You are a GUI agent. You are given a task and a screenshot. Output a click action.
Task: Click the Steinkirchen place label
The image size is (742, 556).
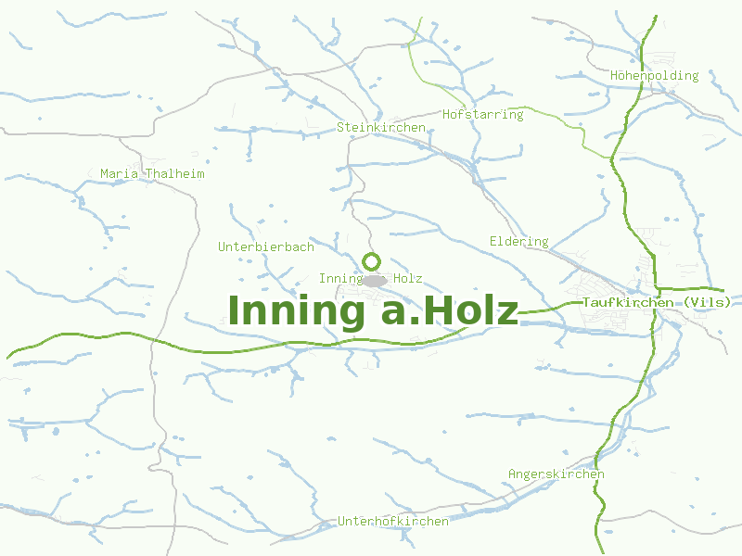[381, 127]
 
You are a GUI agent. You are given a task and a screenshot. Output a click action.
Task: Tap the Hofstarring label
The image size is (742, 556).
[483, 115]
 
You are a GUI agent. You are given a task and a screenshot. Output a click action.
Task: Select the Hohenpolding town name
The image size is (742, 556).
[655, 76]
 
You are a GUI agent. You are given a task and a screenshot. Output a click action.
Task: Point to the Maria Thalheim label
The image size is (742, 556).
[152, 173]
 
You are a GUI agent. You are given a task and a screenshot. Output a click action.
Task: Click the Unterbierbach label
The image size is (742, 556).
[266, 247]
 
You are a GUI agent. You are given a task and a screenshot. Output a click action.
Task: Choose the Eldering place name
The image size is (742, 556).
[519, 242]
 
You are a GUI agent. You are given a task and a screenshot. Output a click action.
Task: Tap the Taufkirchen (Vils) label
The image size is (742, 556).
[657, 302]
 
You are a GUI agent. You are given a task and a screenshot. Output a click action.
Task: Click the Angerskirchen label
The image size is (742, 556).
[556, 474]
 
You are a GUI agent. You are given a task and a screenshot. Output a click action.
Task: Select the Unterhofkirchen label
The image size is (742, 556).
[393, 521]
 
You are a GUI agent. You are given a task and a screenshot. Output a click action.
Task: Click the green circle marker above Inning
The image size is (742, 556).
[371, 261]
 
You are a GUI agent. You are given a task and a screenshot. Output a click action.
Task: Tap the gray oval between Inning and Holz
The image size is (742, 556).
[375, 280]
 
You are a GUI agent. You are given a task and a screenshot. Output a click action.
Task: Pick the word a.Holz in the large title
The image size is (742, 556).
[450, 310]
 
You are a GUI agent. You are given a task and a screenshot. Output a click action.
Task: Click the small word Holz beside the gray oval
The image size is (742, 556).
[408, 278]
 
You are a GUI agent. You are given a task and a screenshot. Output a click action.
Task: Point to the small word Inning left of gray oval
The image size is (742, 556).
[339, 278]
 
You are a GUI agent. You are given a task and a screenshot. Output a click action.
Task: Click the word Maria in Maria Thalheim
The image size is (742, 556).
[118, 173]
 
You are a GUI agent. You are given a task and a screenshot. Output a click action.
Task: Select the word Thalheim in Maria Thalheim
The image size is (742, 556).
[175, 173]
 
